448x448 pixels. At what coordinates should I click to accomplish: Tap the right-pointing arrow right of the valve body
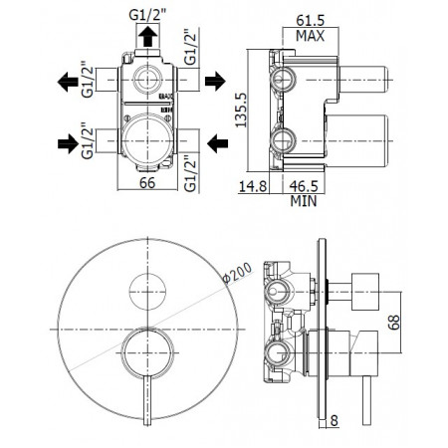click(214, 81)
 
